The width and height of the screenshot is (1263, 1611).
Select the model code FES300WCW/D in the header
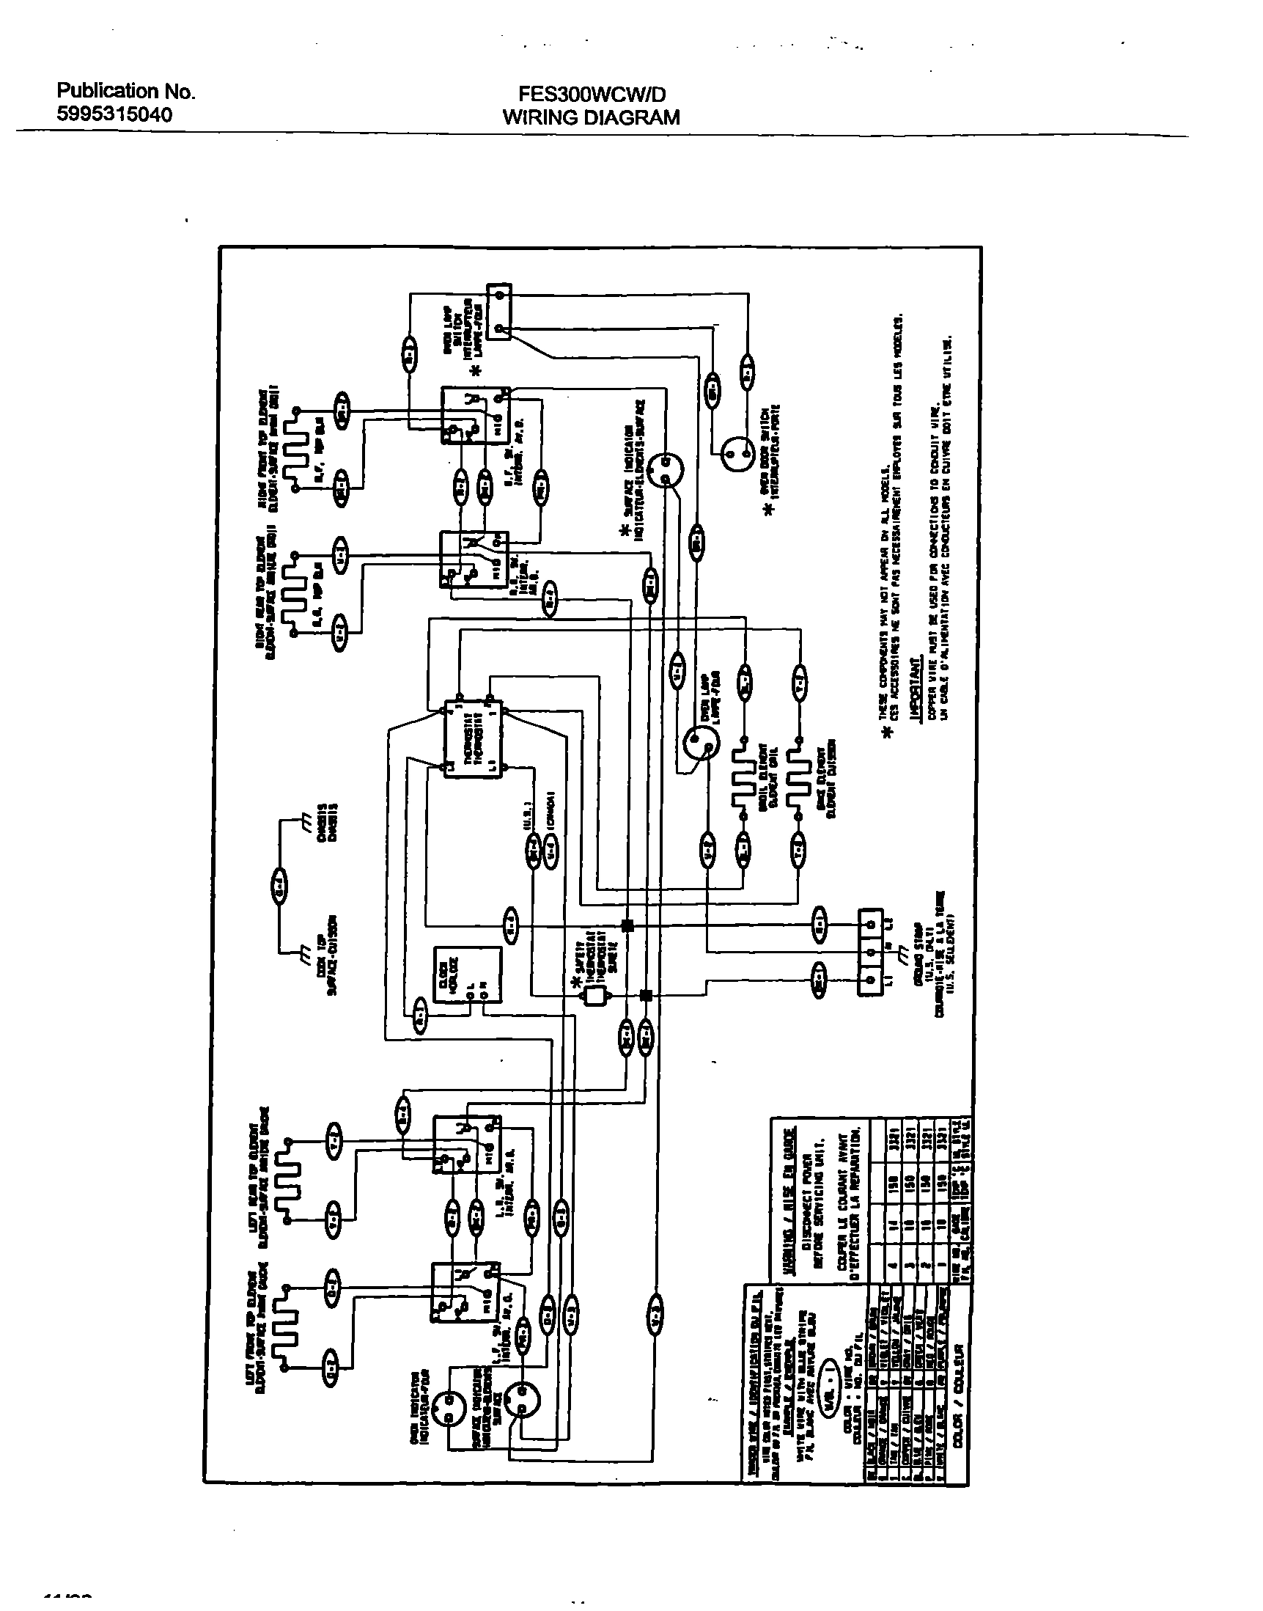click(x=592, y=94)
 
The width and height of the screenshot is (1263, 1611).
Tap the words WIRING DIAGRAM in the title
click(x=591, y=117)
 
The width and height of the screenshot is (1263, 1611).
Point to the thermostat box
click(x=471, y=737)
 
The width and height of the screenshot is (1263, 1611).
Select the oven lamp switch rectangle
click(x=499, y=312)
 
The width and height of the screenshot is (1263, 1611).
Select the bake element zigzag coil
click(x=797, y=777)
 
